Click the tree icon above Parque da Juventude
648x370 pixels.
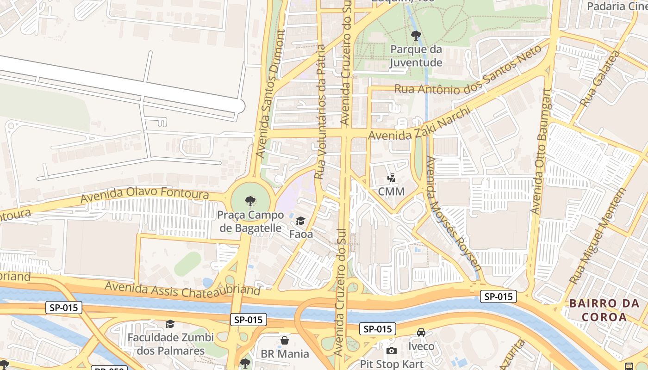416,35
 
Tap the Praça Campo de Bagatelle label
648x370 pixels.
250,222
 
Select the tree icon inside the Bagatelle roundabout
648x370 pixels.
250,201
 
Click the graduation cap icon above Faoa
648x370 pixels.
301,221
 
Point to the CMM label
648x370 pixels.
391,191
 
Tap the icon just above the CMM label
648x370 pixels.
392,178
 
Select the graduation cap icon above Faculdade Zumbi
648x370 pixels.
170,324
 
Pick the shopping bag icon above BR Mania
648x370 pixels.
285,340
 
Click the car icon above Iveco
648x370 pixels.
421,333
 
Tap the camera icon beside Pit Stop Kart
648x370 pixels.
391,351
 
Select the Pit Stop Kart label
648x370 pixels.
392,364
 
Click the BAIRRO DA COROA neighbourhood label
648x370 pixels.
604,310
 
